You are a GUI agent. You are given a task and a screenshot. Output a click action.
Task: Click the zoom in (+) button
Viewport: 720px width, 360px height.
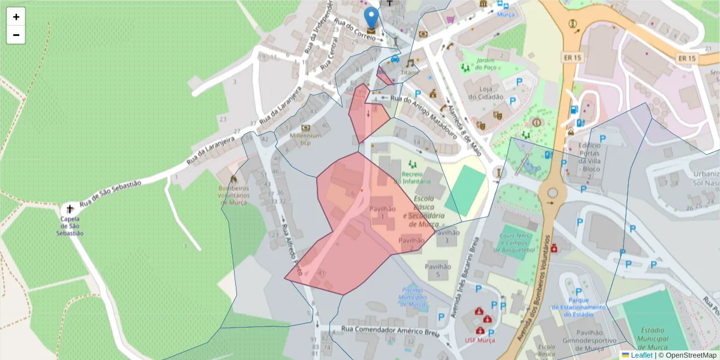(x=16, y=17)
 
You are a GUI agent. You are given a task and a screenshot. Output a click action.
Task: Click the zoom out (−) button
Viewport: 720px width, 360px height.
(x=16, y=35)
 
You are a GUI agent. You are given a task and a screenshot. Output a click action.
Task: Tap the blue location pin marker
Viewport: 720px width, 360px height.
(x=371, y=18)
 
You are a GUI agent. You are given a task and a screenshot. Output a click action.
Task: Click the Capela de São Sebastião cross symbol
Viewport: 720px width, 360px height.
(x=70, y=209)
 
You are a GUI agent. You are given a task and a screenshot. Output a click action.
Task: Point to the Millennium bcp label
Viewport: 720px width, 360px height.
(x=305, y=139)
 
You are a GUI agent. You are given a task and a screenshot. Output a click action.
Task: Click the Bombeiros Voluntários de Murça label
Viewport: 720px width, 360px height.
(x=233, y=195)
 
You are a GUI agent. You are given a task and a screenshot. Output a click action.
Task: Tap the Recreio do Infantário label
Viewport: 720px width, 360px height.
(x=413, y=178)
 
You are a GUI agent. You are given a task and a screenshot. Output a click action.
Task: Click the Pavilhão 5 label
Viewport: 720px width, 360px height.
(x=437, y=270)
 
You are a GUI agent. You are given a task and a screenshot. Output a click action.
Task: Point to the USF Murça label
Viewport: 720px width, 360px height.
(x=480, y=341)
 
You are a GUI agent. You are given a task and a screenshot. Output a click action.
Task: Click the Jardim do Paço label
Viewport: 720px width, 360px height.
(x=485, y=64)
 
